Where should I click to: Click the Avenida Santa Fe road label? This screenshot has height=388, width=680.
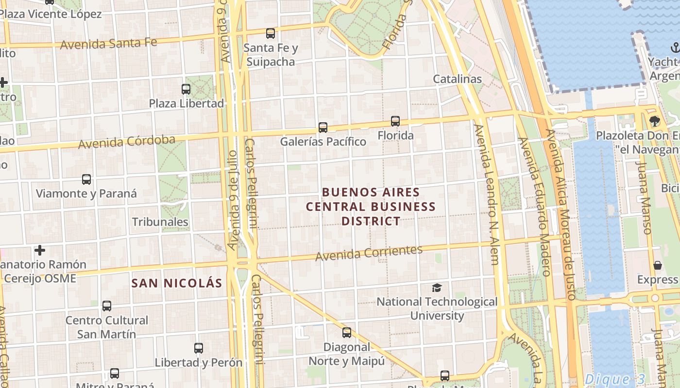pyautogui.click(x=109, y=43)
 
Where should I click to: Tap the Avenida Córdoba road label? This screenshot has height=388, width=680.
pyautogui.click(x=127, y=142)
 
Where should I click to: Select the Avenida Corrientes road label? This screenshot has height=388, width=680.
pyautogui.click(x=369, y=253)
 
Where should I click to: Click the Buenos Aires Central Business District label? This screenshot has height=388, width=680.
pyautogui.click(x=371, y=207)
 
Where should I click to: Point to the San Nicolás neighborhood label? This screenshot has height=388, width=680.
pyautogui.click(x=177, y=283)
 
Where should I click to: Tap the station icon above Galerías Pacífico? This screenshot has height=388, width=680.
pyautogui.click(x=323, y=128)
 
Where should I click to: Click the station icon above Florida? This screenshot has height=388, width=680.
pyautogui.click(x=395, y=121)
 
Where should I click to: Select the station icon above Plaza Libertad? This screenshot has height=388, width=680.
pyautogui.click(x=186, y=89)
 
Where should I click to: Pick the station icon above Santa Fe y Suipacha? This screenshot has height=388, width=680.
pyautogui.click(x=271, y=33)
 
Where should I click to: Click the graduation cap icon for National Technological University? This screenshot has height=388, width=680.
pyautogui.click(x=437, y=288)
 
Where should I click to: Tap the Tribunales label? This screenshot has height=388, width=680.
pyautogui.click(x=160, y=222)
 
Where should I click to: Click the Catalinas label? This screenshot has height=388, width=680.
pyautogui.click(x=457, y=79)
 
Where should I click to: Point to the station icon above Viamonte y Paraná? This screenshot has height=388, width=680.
pyautogui.click(x=86, y=179)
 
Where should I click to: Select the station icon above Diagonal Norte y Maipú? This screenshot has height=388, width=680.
pyautogui.click(x=347, y=333)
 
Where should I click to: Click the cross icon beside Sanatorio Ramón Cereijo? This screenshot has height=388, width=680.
pyautogui.click(x=40, y=250)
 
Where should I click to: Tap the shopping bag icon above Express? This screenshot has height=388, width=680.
pyautogui.click(x=658, y=265)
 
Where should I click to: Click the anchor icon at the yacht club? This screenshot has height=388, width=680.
pyautogui.click(x=675, y=48)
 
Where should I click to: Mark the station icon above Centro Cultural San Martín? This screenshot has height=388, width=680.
pyautogui.click(x=107, y=306)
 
